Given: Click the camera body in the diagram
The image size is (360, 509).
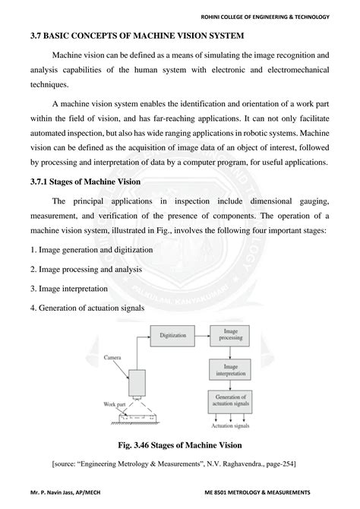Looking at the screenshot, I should point(137,382).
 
